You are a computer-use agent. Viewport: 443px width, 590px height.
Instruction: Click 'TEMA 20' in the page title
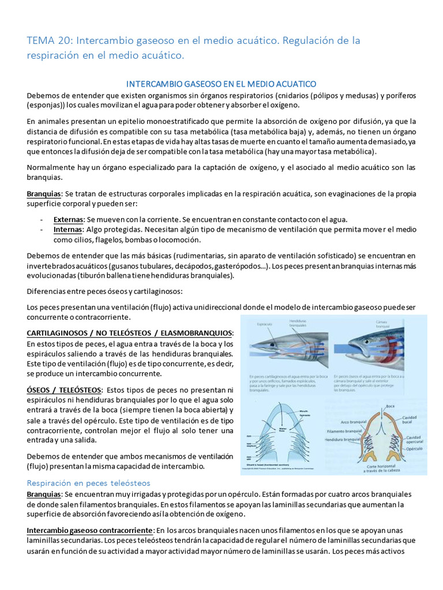48,41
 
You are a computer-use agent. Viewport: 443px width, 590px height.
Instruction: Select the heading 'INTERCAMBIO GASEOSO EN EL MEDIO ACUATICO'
221,84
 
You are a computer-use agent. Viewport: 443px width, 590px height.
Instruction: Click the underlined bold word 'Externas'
68,220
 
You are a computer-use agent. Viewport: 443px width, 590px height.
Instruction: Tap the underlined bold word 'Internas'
67,229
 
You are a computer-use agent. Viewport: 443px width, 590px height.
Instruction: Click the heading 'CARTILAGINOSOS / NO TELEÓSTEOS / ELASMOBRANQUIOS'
130,334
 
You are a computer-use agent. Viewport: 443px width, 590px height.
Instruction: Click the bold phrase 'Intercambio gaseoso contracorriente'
89,530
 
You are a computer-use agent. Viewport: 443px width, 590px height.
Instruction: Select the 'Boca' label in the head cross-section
390,406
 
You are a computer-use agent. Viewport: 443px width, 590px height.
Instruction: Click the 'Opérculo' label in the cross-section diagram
414,448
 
